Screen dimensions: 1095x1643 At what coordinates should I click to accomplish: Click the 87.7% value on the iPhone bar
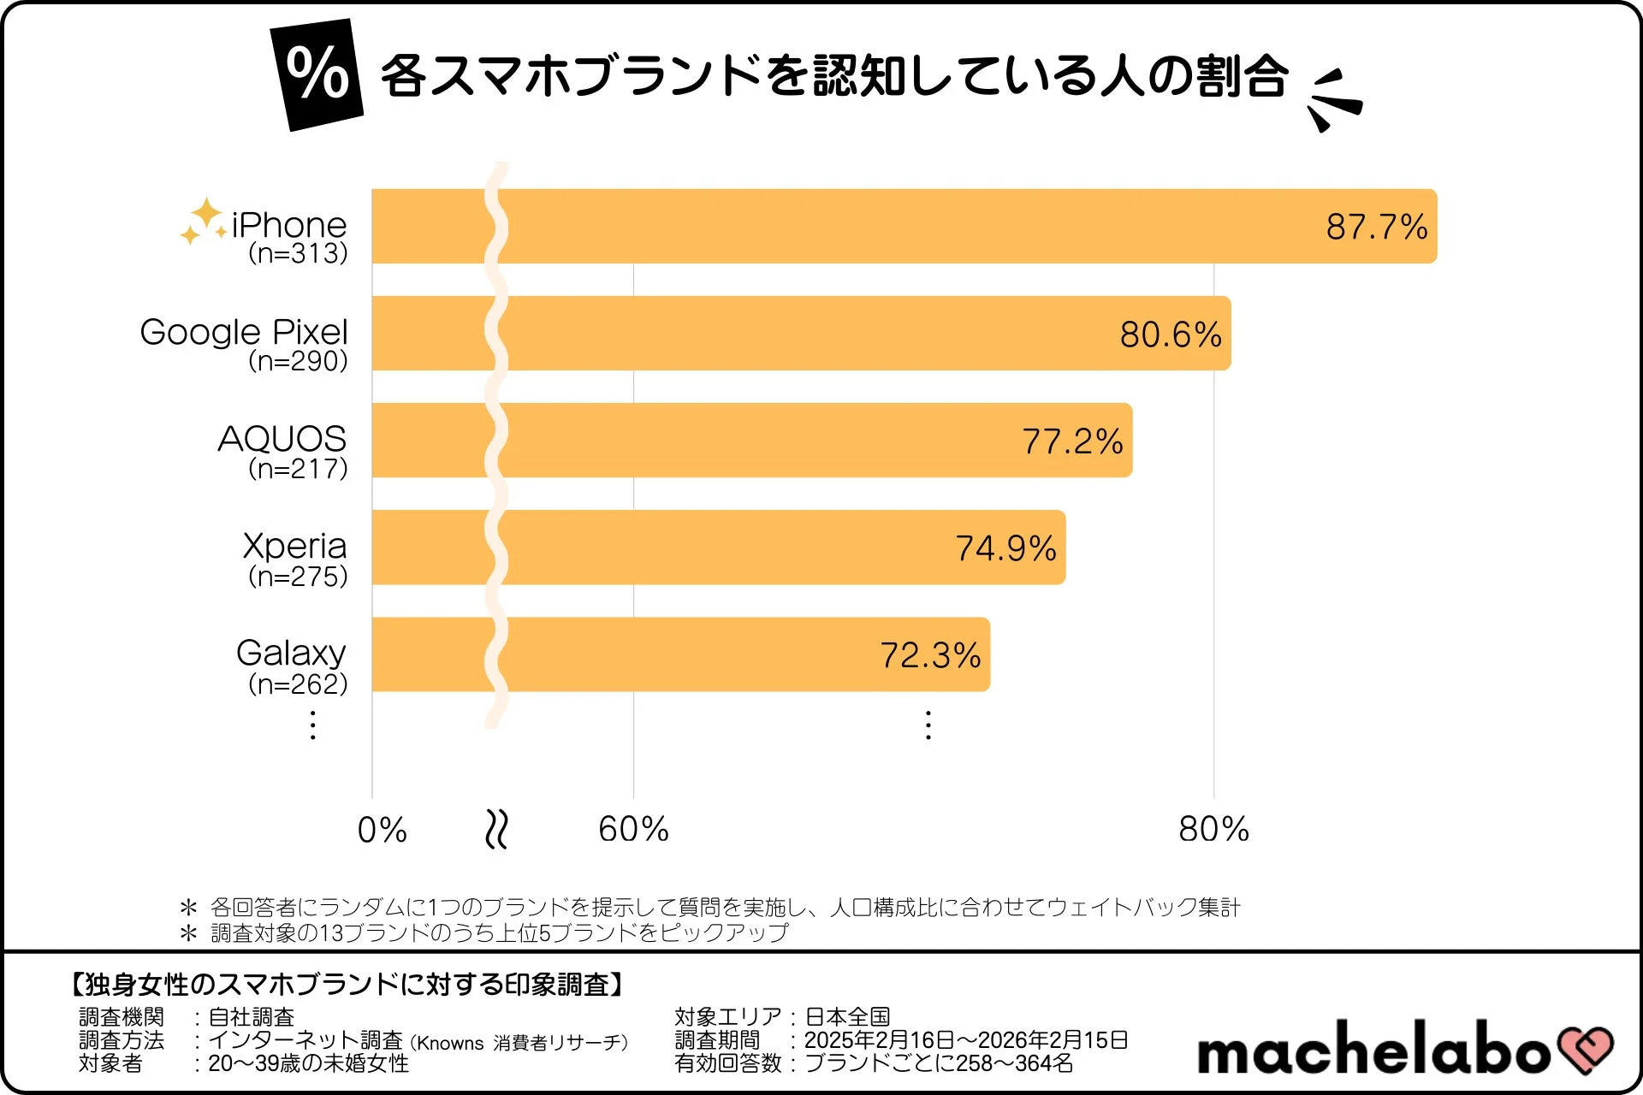(x=1376, y=227)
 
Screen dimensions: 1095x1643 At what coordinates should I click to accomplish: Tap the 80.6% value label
(x=1170, y=334)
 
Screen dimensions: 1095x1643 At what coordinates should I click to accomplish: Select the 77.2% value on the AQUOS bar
(x=1072, y=441)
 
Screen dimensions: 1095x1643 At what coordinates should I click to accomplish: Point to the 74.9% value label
(x=1005, y=548)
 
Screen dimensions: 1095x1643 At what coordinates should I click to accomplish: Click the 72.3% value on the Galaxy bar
(x=930, y=655)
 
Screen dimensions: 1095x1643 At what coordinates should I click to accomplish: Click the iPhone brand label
(x=288, y=225)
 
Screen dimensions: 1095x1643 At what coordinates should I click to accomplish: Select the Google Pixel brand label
(x=244, y=332)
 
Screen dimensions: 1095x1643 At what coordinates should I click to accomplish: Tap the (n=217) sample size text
(x=298, y=469)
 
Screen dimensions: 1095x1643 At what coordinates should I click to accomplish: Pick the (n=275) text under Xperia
(x=298, y=577)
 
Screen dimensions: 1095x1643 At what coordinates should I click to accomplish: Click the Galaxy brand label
(x=291, y=653)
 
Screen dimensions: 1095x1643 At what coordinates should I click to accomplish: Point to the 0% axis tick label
(x=382, y=830)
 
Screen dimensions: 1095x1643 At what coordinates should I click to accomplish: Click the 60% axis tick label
(x=633, y=829)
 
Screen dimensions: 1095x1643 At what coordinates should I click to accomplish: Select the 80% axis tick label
(x=1213, y=829)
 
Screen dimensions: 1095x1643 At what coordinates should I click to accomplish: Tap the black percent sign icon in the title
(x=317, y=74)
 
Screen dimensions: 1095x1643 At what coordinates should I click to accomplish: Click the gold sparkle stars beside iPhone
(x=204, y=221)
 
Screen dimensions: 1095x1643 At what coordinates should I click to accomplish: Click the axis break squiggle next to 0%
(x=496, y=829)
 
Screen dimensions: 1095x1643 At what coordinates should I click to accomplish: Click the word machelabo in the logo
(x=1373, y=1049)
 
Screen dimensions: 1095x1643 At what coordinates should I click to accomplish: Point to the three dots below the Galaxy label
(x=313, y=725)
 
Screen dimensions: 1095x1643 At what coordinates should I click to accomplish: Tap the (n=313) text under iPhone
(x=298, y=253)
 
